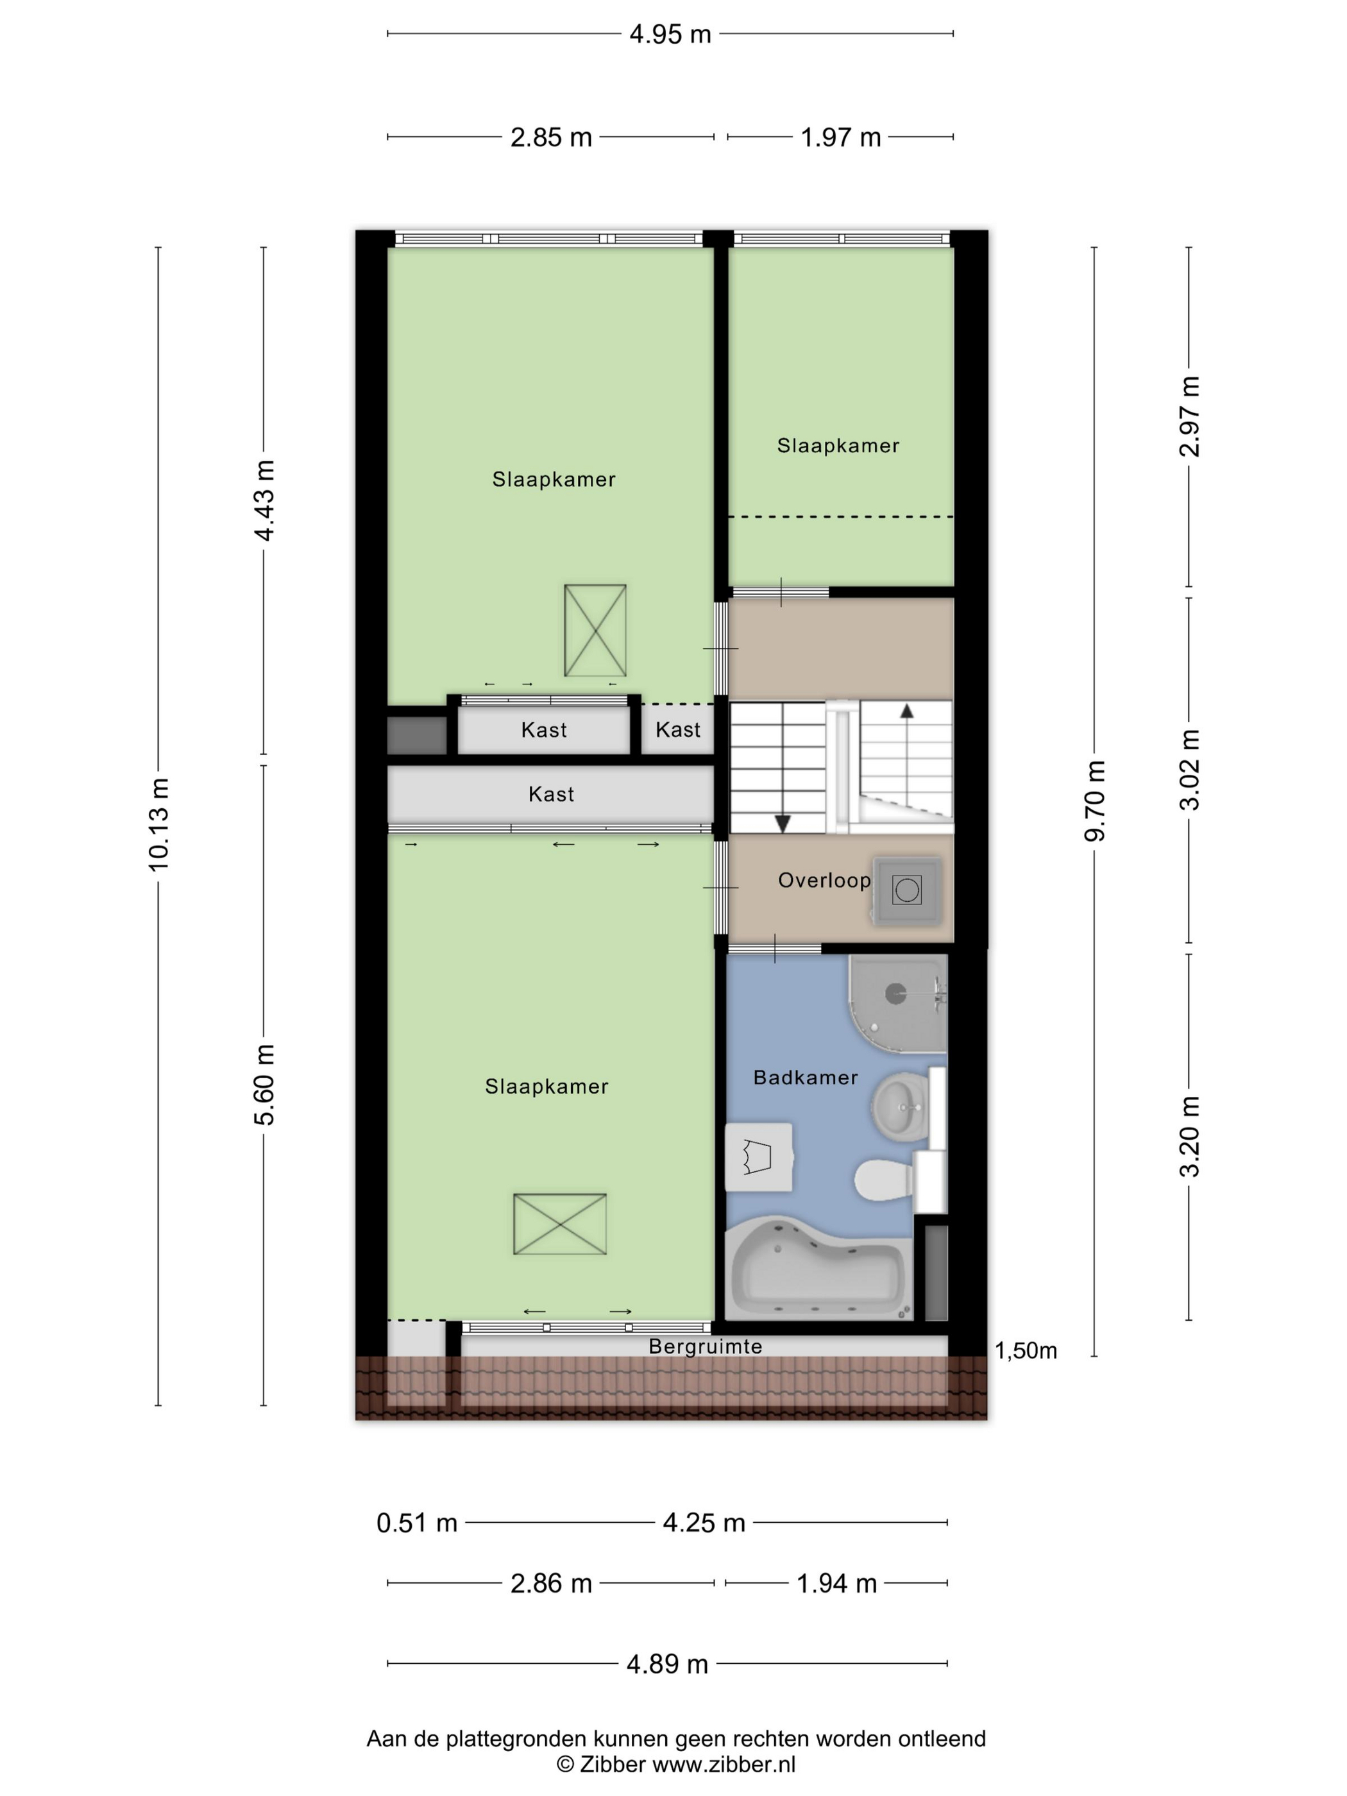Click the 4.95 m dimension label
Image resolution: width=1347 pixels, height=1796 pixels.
point(670,34)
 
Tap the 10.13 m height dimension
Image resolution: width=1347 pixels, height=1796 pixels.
point(158,824)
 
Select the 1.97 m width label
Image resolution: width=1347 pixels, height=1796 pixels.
point(840,137)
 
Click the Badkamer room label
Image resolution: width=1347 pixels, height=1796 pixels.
point(806,1078)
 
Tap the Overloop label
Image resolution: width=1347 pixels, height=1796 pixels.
point(824,880)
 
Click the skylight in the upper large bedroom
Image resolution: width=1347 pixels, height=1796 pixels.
point(595,630)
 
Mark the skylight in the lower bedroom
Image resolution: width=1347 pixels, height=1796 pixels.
point(559,1224)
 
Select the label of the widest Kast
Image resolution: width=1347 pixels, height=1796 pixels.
point(551,794)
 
